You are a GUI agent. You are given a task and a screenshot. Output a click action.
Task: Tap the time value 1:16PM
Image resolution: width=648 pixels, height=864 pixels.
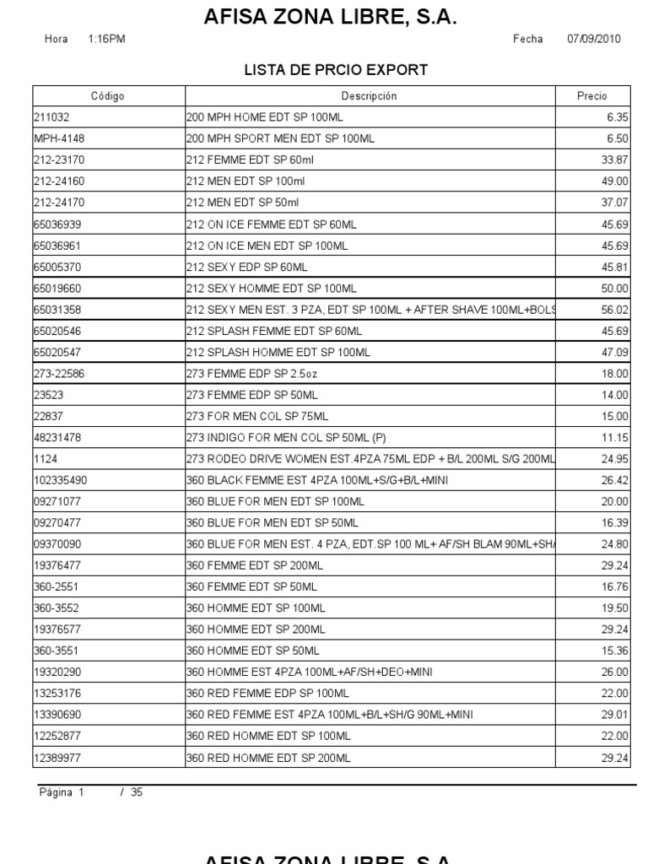(106, 40)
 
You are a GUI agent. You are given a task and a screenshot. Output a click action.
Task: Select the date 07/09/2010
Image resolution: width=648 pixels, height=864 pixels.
(594, 40)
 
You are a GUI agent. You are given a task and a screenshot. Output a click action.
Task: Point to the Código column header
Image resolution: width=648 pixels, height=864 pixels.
(108, 96)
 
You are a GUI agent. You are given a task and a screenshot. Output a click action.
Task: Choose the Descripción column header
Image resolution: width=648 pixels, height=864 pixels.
(369, 96)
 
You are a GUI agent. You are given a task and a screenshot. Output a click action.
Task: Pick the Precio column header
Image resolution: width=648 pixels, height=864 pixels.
(591, 96)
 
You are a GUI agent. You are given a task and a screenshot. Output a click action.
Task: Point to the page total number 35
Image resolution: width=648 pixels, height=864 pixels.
(136, 793)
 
